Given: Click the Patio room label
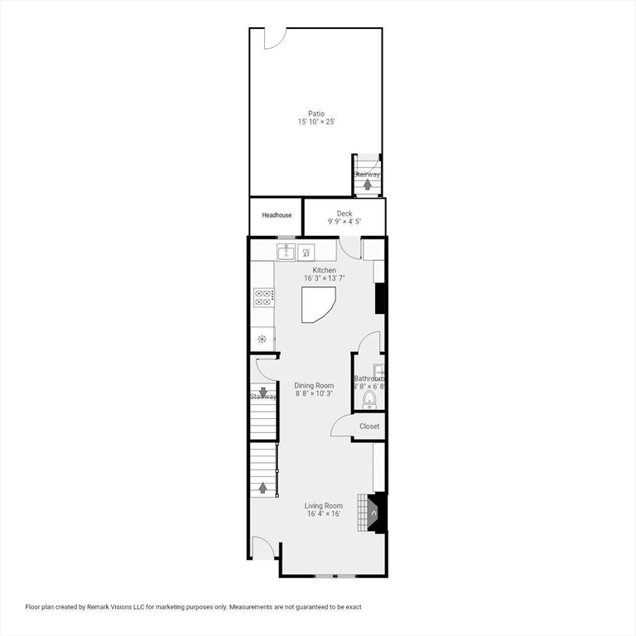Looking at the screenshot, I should point(316,113).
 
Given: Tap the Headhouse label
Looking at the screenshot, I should point(277,215).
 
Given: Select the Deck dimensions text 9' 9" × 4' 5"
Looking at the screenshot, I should point(344,222).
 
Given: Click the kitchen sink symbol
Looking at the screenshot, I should point(286,251).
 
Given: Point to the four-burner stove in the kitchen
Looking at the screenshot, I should point(264,297).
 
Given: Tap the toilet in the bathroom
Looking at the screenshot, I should point(369,401).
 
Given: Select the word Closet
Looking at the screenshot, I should point(369,426).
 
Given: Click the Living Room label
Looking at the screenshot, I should point(323,505).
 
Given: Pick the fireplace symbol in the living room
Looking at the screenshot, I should point(374,513).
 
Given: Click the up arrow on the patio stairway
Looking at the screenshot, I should point(367,184).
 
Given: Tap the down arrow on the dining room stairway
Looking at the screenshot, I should point(263,392).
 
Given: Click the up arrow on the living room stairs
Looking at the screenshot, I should point(263,487).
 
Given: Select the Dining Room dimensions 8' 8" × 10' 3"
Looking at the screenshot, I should point(315,394).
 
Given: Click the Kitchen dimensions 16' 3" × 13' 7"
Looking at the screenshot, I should point(324,279).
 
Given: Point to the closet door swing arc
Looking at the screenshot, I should point(340,426).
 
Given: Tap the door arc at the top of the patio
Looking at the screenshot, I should point(275,38).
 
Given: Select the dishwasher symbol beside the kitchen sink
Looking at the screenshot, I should point(306,251).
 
